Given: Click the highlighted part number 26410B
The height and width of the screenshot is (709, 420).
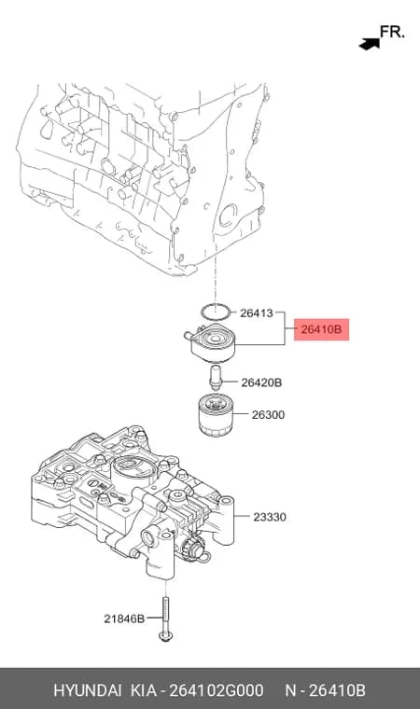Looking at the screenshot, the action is click(x=321, y=329).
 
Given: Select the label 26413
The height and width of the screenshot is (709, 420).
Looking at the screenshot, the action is click(x=256, y=313).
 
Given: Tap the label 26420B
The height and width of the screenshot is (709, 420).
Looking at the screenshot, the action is click(x=261, y=382).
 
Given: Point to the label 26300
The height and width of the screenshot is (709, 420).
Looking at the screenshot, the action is click(x=268, y=414).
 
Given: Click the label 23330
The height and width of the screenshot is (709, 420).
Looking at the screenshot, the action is click(x=270, y=517).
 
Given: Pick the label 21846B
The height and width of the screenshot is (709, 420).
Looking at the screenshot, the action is click(x=124, y=619).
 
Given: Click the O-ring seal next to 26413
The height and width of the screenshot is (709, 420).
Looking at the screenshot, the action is click(x=216, y=311).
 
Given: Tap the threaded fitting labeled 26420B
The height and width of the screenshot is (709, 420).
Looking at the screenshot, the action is click(x=216, y=379).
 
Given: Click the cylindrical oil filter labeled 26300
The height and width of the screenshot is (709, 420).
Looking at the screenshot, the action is click(x=216, y=415).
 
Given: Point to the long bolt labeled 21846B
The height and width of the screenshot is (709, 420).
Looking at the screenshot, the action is click(x=165, y=619).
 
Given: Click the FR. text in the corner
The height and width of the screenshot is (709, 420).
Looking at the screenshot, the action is click(x=391, y=32).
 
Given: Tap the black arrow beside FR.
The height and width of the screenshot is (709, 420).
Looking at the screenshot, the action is click(x=370, y=44).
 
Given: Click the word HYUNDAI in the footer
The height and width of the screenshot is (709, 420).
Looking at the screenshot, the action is click(x=88, y=690).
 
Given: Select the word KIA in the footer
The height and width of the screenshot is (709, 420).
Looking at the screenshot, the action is click(x=144, y=690).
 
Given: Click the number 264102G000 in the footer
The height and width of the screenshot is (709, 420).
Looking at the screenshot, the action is click(x=216, y=690).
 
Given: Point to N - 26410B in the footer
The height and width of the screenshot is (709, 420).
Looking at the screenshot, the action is click(x=325, y=690).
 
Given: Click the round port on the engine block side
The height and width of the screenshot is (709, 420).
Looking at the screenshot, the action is click(x=228, y=215).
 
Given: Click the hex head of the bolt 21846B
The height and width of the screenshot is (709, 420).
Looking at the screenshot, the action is click(x=165, y=636).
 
